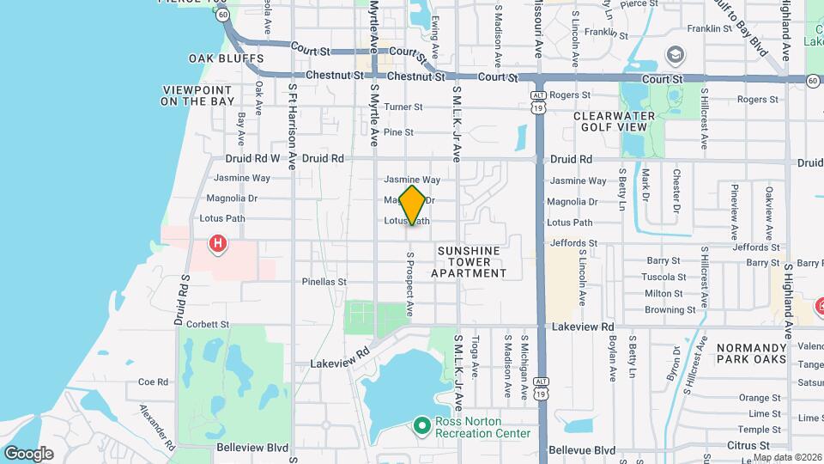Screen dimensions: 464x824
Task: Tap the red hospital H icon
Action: pos(219,245)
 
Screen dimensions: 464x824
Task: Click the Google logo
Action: pos(28,454)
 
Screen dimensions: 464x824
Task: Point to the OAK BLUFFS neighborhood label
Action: pos(226,58)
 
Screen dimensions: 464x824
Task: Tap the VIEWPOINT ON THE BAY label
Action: pos(197,95)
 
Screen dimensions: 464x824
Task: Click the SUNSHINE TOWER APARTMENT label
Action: pos(469,262)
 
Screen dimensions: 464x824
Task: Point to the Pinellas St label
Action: pos(324,281)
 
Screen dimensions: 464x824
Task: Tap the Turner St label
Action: pos(403,107)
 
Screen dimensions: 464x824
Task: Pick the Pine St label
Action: pos(398,132)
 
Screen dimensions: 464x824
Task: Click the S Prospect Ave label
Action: pos(410,284)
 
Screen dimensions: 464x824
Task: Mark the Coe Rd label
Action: pos(152,382)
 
